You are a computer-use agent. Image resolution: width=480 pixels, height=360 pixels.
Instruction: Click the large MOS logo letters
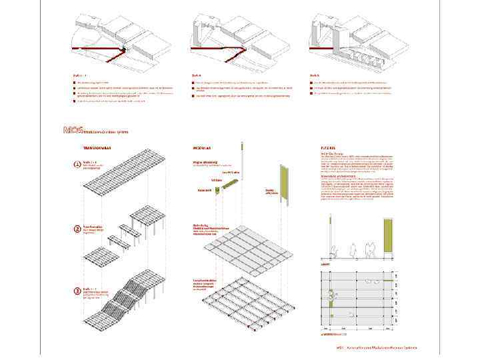(72, 130)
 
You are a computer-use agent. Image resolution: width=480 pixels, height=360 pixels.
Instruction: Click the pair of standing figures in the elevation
(371, 249)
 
